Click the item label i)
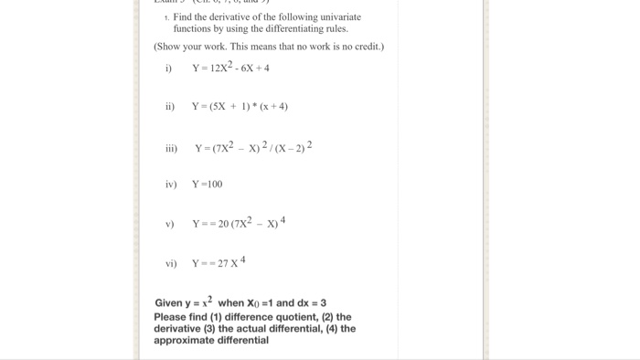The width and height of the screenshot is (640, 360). [168, 69]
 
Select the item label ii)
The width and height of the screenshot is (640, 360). [169, 107]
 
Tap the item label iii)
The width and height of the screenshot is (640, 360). [171, 149]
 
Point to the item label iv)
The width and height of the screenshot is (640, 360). [170, 185]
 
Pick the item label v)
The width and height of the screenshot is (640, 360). [169, 224]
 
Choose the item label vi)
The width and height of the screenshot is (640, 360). [171, 263]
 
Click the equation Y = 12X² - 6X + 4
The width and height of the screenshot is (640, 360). [230, 68]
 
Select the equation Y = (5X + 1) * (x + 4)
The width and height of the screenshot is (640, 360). [240, 107]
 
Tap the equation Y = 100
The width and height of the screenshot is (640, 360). [207, 185]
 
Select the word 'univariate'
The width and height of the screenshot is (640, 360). [337, 17]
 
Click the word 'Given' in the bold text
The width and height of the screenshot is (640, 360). [169, 303]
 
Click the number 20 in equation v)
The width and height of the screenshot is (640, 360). [224, 224]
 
